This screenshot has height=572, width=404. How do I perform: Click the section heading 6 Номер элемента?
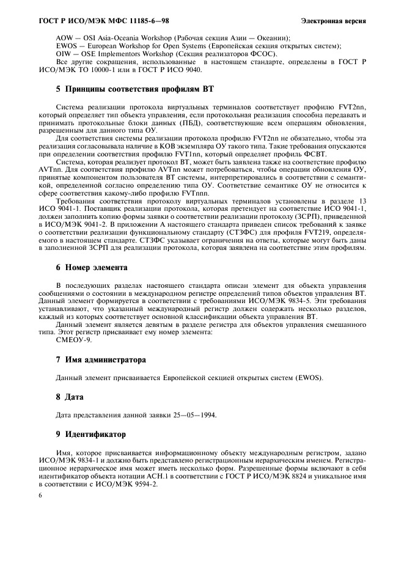tap(92, 268)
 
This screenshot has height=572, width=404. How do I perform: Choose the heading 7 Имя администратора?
tap(101, 360)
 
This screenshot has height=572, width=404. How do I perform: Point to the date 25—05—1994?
tap(190, 416)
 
